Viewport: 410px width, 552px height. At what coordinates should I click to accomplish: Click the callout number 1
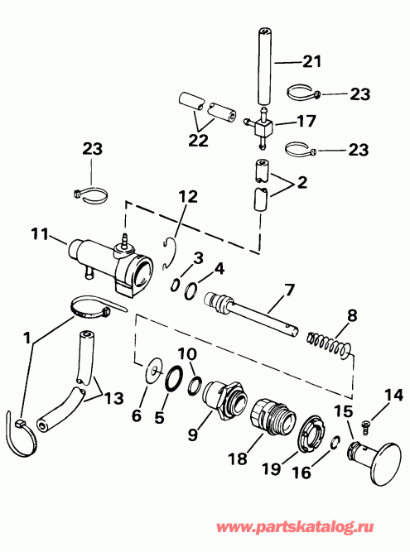pyautogui.click(x=28, y=338)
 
